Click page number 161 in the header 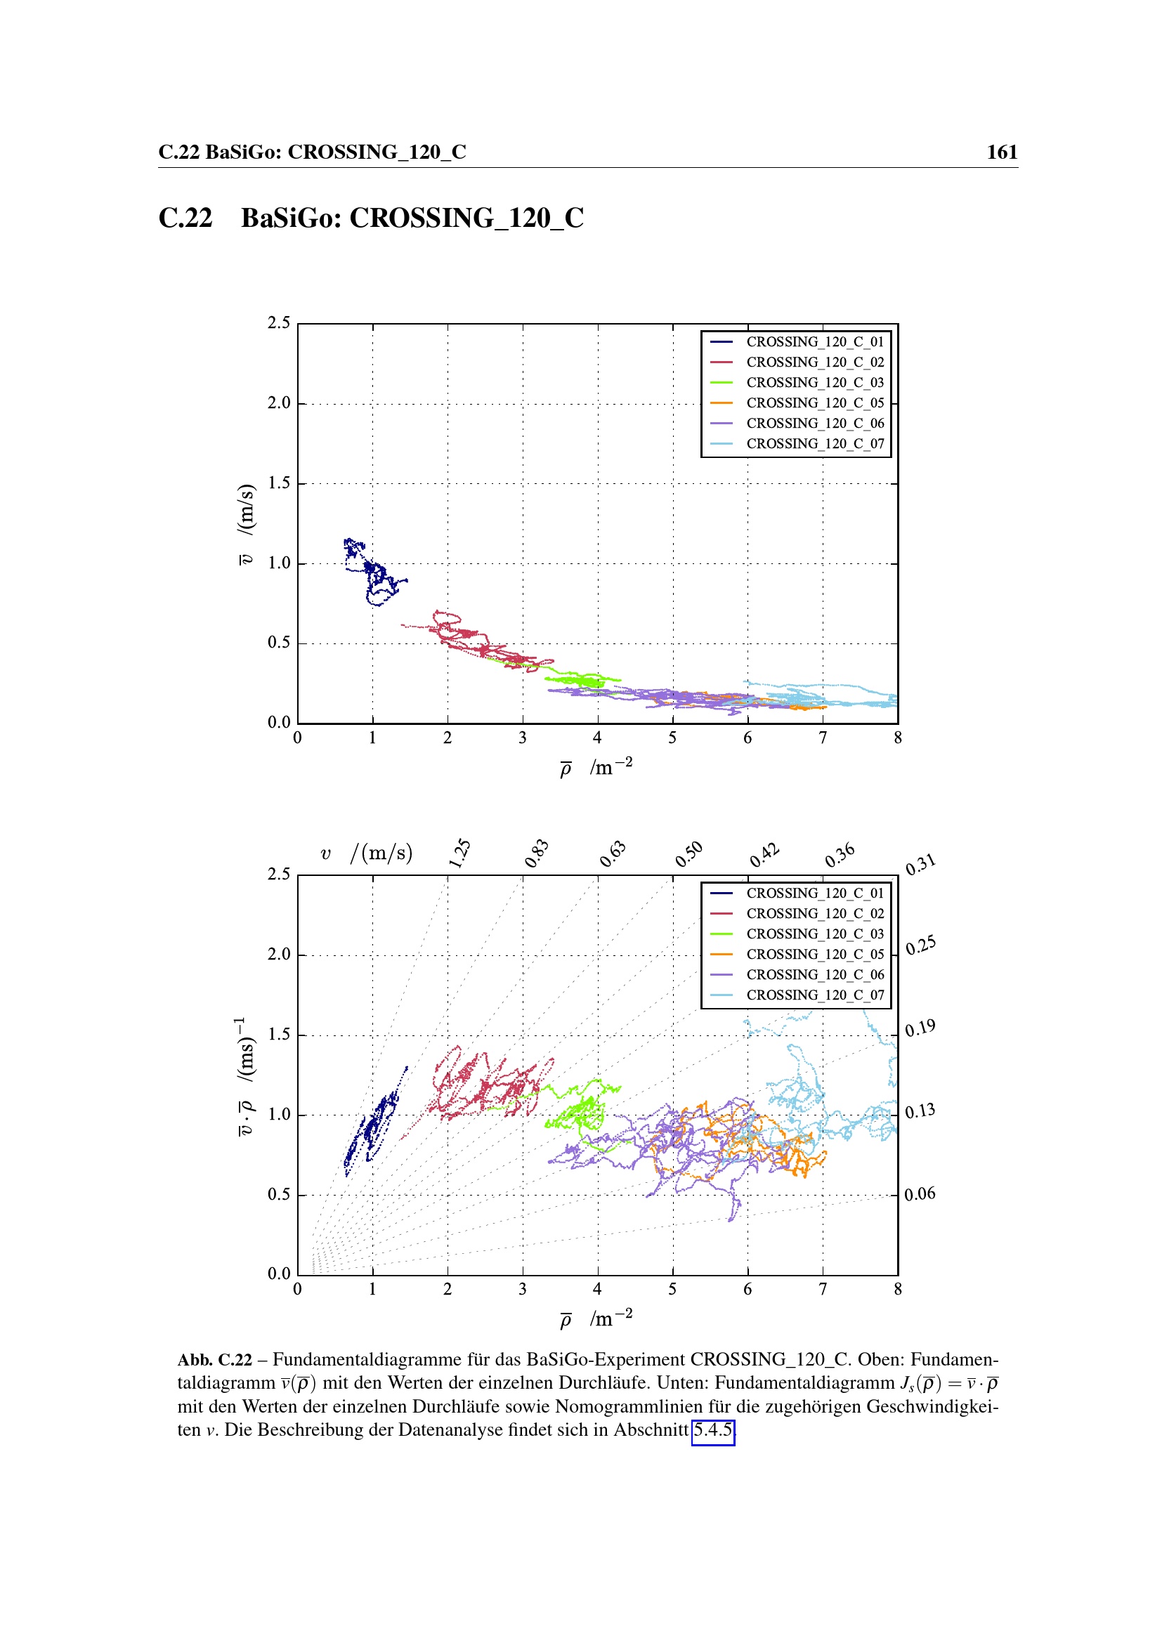(x=1002, y=152)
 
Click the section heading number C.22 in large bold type (x=185, y=218)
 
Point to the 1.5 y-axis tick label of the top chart (x=279, y=483)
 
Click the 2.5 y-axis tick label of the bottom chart (x=279, y=875)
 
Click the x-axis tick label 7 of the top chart (x=823, y=738)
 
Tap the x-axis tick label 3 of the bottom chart (x=522, y=1290)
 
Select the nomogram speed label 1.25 (x=459, y=853)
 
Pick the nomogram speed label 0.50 (x=689, y=853)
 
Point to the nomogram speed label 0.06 (x=920, y=1193)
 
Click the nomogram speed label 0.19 (x=920, y=1028)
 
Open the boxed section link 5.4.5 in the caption (x=712, y=1429)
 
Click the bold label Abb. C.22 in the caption (x=215, y=1360)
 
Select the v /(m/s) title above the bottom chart (x=366, y=853)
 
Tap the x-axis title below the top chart (x=595, y=768)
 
